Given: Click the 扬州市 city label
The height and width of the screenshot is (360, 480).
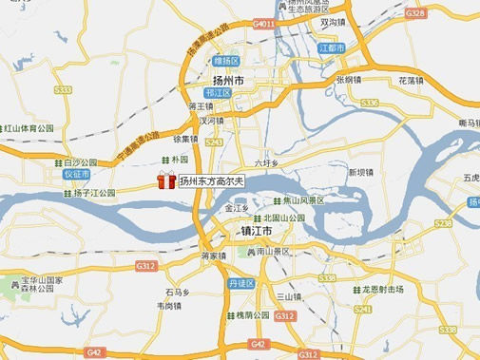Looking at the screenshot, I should point(225,81).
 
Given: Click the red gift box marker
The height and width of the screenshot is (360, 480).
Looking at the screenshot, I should point(166,180).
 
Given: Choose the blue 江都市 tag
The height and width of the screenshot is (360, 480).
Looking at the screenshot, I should point(331,47).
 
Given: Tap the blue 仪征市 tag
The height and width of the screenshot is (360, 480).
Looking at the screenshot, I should point(76,175).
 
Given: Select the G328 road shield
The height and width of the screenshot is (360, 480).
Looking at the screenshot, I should point(414,13).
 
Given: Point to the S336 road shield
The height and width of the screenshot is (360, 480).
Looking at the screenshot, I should point(369,102).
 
